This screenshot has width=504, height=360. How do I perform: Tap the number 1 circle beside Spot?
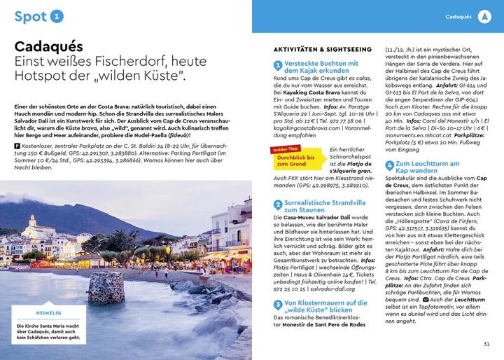click(57, 15)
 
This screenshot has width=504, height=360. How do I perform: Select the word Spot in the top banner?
click(31, 15)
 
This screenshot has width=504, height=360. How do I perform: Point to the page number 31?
click(486, 343)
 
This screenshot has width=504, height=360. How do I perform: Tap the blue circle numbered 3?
click(278, 306)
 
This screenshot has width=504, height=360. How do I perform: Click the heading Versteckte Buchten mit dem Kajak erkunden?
click(319, 67)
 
